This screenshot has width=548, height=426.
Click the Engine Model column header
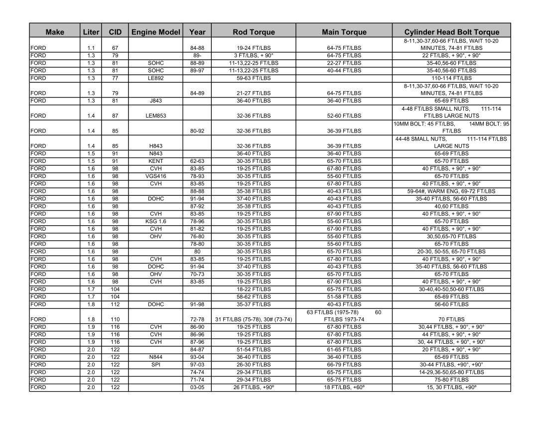coord(155,32)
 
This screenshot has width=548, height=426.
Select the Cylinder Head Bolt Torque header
coord(451,32)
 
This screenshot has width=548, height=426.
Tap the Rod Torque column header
coord(254,32)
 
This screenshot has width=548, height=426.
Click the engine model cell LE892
coord(155,78)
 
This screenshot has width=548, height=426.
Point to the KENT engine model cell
coord(155,161)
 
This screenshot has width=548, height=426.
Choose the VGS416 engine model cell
coord(155,176)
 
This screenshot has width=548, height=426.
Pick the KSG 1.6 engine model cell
coord(155,221)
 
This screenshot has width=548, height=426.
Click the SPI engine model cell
coord(155,365)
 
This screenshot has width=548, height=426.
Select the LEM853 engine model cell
coord(155,116)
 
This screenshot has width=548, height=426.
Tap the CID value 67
coord(115,48)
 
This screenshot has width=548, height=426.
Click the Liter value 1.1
coord(91,48)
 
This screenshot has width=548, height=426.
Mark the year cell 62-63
coord(197,161)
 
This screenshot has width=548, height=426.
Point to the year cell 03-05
coord(197,388)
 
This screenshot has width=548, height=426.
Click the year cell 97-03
coord(197,365)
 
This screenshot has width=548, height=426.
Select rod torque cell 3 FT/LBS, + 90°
coord(254,55)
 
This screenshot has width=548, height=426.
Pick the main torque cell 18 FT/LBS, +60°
coord(344,388)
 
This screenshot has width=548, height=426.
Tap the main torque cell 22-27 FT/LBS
coord(344,63)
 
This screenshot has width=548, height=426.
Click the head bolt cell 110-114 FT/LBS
coord(451,78)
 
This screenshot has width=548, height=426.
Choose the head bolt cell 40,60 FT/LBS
coord(451,206)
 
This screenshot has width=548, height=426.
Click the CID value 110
coord(115,319)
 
